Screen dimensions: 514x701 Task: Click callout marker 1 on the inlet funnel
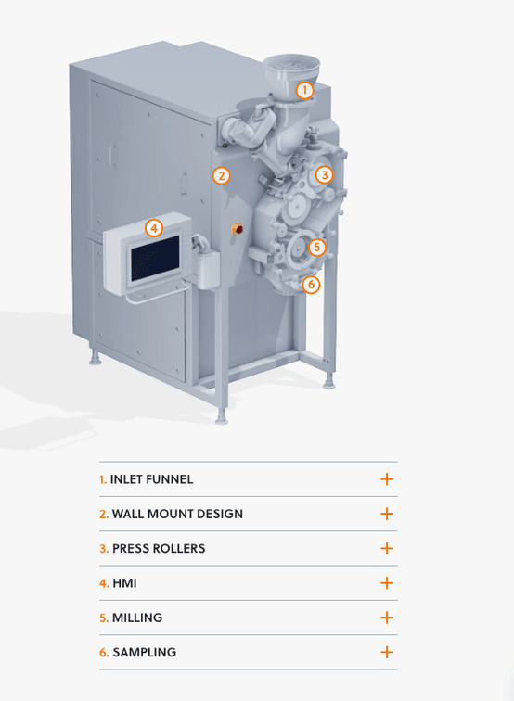[304, 90]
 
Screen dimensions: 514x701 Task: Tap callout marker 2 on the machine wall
[221, 175]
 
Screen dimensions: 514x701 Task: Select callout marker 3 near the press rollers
[325, 175]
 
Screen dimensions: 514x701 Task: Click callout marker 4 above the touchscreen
[153, 228]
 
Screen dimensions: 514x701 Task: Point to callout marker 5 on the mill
[316, 247]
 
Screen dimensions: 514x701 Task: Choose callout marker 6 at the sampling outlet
[311, 285]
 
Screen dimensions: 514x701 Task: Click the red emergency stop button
[238, 229]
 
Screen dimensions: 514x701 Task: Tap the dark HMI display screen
[155, 259]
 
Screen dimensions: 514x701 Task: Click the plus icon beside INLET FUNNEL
[387, 479]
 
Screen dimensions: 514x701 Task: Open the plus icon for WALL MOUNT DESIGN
[387, 514]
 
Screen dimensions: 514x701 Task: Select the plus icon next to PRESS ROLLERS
[387, 549]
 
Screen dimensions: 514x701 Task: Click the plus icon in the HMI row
[387, 583]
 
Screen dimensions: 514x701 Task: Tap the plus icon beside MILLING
[387, 618]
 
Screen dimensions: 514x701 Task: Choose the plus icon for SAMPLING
[387, 652]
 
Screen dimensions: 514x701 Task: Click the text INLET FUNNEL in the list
[151, 479]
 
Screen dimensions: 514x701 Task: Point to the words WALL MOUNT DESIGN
[177, 514]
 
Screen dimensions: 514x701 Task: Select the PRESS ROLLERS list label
[159, 549]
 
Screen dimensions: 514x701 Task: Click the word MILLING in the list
[137, 618]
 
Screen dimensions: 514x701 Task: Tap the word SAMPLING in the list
[145, 652]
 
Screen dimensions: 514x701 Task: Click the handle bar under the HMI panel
[157, 295]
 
